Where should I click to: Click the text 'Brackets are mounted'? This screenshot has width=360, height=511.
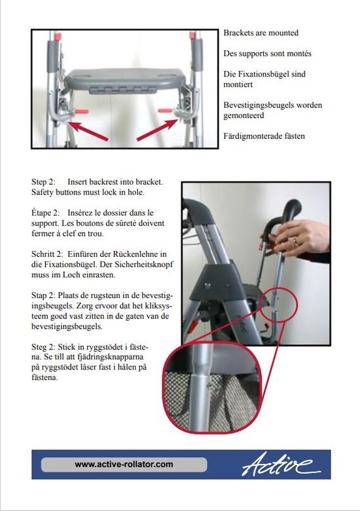[261, 33]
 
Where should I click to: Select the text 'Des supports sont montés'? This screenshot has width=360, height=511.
[267, 53]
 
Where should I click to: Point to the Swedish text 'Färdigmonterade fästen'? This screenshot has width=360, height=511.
[264, 136]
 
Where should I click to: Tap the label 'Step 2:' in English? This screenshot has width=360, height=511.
[44, 181]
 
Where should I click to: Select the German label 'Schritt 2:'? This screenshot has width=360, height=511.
[48, 254]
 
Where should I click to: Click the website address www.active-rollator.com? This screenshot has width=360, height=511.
[124, 464]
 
